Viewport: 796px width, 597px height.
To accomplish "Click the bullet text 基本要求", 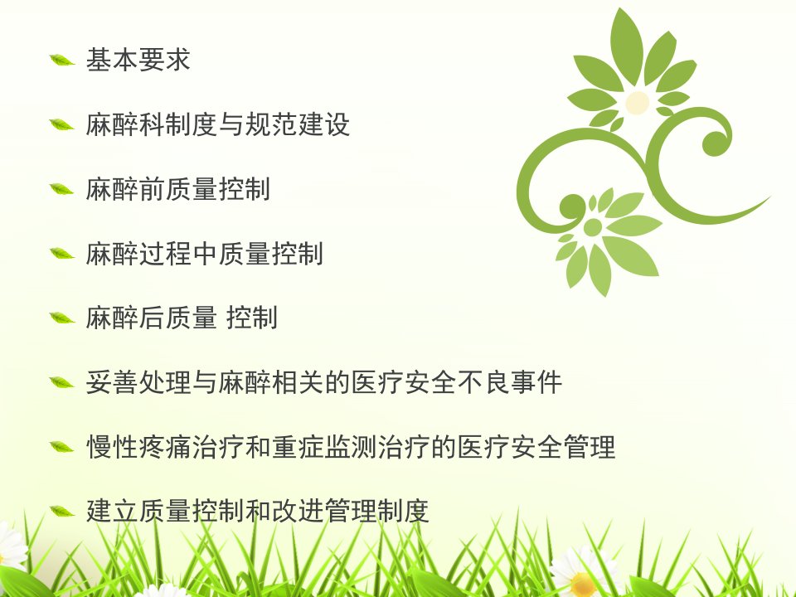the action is click(138, 60).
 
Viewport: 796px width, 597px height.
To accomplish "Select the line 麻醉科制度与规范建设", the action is click(217, 124).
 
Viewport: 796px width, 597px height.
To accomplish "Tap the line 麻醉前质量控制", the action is click(177, 189).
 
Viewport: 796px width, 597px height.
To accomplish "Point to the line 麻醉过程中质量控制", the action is click(204, 254).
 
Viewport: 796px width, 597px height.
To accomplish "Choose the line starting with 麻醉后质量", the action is click(182, 318).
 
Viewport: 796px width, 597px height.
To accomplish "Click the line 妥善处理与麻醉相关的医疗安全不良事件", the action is click(324, 382).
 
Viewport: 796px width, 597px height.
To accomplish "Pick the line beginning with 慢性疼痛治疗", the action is click(350, 447).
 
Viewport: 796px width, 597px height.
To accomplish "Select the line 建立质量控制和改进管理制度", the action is click(257, 512).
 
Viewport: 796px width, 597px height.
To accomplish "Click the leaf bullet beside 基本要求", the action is click(62, 61).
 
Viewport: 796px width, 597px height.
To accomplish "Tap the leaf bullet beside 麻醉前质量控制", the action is click(62, 189).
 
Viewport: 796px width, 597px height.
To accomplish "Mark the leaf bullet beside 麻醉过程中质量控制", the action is click(62, 254).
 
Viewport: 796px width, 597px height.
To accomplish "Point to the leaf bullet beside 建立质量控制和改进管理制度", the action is click(62, 512).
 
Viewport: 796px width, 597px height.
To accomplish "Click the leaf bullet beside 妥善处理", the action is click(62, 383).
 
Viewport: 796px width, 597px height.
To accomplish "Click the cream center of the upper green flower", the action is click(637, 103).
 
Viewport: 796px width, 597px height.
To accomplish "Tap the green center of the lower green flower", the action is click(592, 227).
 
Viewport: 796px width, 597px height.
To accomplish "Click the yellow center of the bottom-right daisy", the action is click(582, 585).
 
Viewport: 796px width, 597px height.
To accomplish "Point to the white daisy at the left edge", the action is click(11, 547).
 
